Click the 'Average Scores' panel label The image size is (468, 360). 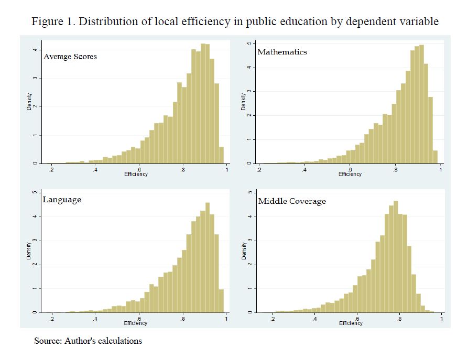pos(70,57)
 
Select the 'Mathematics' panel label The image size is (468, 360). pos(282,52)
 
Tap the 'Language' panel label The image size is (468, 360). pos(62,200)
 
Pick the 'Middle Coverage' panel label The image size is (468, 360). pos(292,201)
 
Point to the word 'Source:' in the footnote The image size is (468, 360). pos(48,341)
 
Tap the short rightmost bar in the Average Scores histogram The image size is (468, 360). pos(221,155)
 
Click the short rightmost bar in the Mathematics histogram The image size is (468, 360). pos(435,157)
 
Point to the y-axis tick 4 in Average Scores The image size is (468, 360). pos(35,50)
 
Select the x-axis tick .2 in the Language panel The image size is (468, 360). pos(51,319)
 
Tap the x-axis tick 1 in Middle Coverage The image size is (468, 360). pos(441,319)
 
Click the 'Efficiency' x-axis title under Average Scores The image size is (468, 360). pos(136,174)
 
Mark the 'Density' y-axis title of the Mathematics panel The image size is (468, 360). pos(243,101)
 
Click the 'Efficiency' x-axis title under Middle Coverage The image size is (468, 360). pos(350,323)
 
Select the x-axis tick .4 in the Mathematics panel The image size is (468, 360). pos(304,170)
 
